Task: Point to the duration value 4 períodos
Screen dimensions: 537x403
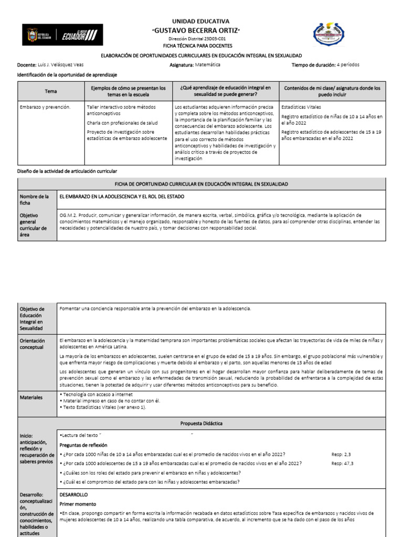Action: pyautogui.click(x=348, y=65)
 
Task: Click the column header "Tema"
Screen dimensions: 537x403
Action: pyautogui.click(x=51, y=91)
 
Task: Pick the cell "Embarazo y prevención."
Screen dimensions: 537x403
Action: pyautogui.click(x=45, y=107)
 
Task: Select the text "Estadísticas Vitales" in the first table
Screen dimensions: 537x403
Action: pyautogui.click(x=301, y=107)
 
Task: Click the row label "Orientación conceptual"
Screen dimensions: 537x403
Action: pyautogui.click(x=33, y=344)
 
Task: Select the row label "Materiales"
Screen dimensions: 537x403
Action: pyautogui.click(x=31, y=398)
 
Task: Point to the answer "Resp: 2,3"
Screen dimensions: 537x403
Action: pyautogui.click(x=342, y=454)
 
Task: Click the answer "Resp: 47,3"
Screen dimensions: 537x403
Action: pyautogui.click(x=343, y=464)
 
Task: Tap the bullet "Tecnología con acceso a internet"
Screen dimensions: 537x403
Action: pyautogui.click(x=98, y=394)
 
